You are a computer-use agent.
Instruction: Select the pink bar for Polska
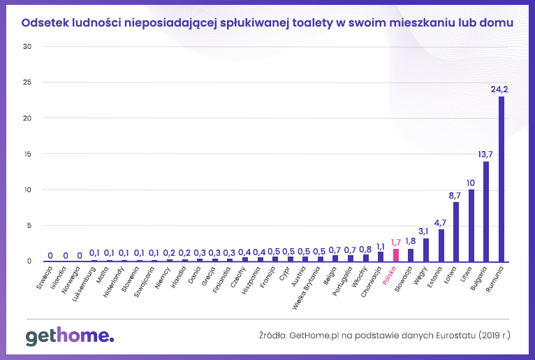(x=396, y=254)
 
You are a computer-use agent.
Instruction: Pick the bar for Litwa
(x=471, y=224)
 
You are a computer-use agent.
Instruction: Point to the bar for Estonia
(x=441, y=245)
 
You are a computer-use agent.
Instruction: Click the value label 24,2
(x=499, y=89)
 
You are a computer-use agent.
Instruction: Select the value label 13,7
(x=485, y=154)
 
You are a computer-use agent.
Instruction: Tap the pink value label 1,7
(x=396, y=242)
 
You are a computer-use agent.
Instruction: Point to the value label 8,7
(x=455, y=195)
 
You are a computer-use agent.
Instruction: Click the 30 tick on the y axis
(x=27, y=47)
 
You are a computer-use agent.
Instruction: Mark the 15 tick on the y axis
(x=27, y=154)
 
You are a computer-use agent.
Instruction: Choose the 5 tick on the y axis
(x=29, y=226)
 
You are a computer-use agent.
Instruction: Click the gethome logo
(x=69, y=336)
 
